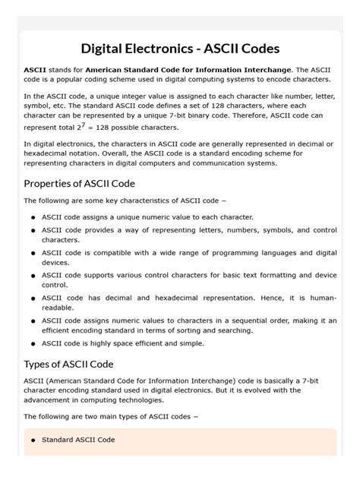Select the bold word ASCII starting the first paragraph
34,69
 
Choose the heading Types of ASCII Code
68,364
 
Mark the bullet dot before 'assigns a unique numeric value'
33,217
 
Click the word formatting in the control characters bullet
250,274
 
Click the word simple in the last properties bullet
190,343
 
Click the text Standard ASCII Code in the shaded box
78,440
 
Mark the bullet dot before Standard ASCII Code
33,441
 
